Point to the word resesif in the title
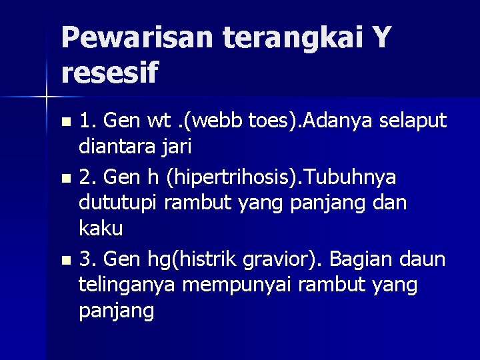[110, 72]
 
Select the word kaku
[100, 229]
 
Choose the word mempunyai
[239, 285]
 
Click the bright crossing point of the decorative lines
[47, 97]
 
